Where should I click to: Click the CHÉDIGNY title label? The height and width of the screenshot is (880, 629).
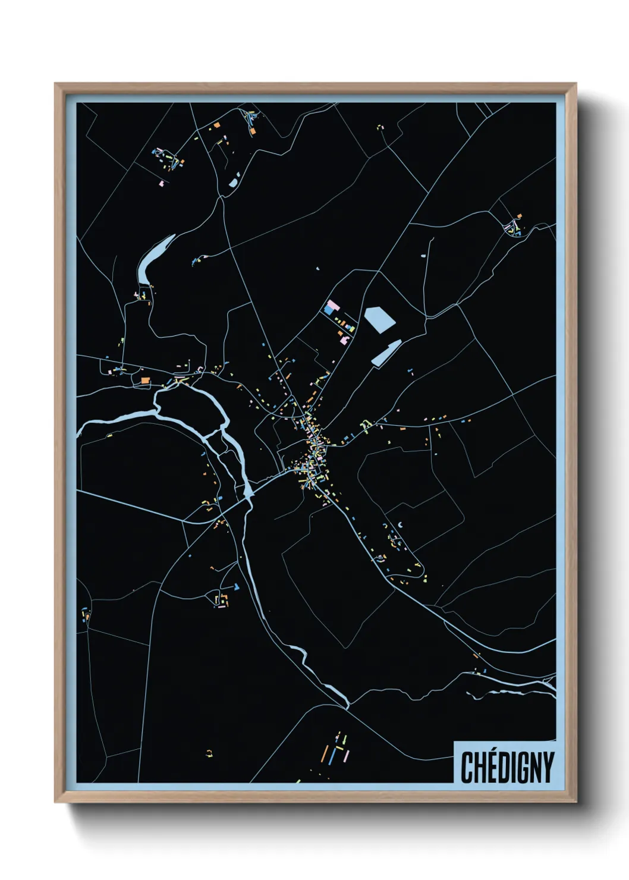[x=507, y=767]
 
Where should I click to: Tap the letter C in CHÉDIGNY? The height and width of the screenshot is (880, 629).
[x=467, y=768]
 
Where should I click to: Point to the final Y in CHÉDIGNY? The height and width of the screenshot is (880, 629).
[x=548, y=768]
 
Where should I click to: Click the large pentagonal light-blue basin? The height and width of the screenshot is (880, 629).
[x=379, y=319]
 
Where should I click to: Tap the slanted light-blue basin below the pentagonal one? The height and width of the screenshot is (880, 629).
[x=385, y=353]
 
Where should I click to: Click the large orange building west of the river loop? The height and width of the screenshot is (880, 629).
[x=144, y=380]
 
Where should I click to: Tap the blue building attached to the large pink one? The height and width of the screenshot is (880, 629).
[x=329, y=311]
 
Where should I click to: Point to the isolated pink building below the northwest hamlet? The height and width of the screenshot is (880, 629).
[x=161, y=182]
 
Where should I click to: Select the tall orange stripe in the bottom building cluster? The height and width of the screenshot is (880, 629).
[x=326, y=752]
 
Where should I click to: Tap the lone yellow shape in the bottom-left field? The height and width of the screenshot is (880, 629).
[x=209, y=754]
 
